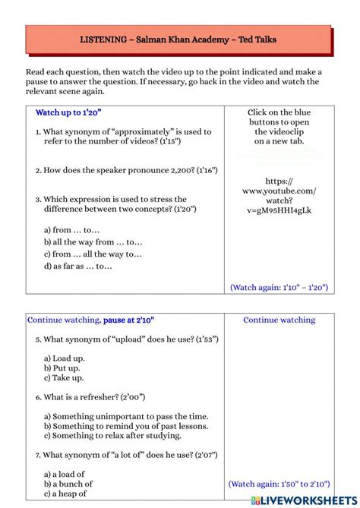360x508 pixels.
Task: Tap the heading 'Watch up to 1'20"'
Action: (68, 112)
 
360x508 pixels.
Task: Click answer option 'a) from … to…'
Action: (71, 230)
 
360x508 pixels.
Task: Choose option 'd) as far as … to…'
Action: (77, 267)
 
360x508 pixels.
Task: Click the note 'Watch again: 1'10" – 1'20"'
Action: (279, 288)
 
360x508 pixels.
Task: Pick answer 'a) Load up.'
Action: (64, 358)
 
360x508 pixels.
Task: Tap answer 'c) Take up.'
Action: (64, 378)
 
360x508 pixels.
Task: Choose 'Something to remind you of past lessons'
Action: (126, 427)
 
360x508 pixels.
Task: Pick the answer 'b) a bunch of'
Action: (68, 484)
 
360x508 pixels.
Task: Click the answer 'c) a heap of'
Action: (65, 494)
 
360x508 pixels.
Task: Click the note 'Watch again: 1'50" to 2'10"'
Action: (279, 484)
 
